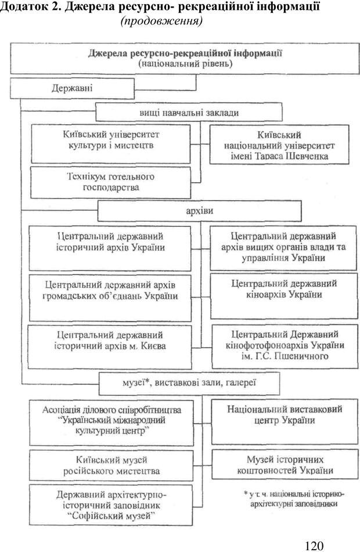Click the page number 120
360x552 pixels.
pos(312,545)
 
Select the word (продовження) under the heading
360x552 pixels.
pos(161,21)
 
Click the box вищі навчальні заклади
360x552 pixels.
pos(189,112)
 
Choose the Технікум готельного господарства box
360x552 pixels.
pos(110,182)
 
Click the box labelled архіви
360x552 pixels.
pos(200,211)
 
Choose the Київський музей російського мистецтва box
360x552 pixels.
pos(110,465)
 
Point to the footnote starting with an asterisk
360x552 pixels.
pos(293,499)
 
